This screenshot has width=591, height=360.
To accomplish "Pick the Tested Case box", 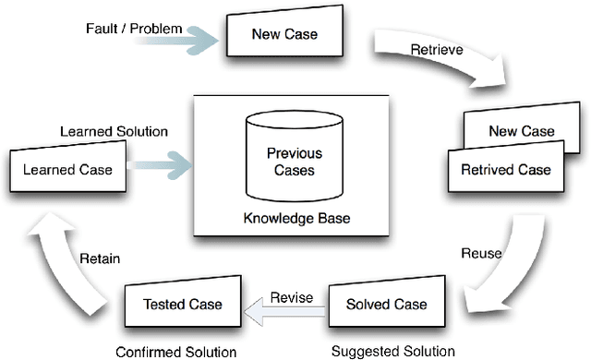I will pyautogui.click(x=183, y=304).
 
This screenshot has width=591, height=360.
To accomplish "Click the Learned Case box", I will pyautogui.click(x=68, y=169).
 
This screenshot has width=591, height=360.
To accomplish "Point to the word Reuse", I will pyautogui.click(x=481, y=253).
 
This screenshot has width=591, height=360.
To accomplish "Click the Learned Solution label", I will pyautogui.click(x=114, y=132).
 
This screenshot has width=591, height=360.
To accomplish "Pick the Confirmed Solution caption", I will pyautogui.click(x=175, y=352).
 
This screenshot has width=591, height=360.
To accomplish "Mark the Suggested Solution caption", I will pyautogui.click(x=392, y=351).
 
